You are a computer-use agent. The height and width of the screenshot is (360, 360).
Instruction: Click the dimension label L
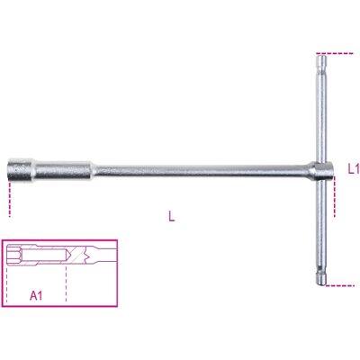point(171,216)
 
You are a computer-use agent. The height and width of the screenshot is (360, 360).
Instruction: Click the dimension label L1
point(354,169)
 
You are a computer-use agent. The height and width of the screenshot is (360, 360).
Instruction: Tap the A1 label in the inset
point(36,296)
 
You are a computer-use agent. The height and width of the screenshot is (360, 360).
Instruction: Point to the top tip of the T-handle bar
point(321,54)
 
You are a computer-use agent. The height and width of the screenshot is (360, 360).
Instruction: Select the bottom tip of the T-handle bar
point(321,284)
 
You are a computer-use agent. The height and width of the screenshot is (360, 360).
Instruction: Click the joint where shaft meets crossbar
point(321,170)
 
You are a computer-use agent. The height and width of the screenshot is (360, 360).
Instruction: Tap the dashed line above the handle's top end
point(335,53)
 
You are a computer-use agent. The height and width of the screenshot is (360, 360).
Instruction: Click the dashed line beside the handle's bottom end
point(339,285)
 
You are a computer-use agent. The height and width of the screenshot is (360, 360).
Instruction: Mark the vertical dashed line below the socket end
point(10,199)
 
